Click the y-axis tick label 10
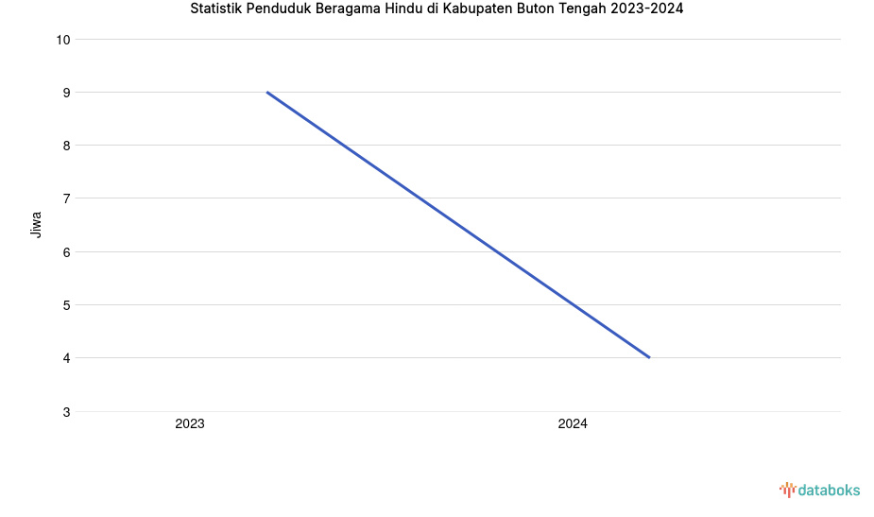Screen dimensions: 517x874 tap(63, 40)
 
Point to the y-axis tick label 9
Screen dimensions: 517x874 tap(67, 93)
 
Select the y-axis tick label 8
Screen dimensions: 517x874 tap(67, 146)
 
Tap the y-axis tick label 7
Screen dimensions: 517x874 tap(67, 198)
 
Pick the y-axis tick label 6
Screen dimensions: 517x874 tap(67, 252)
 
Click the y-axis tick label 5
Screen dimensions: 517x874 tap(67, 305)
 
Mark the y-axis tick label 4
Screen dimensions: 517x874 tap(67, 358)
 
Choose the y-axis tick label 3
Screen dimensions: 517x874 tap(67, 412)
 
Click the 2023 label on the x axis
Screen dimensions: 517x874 tap(190, 424)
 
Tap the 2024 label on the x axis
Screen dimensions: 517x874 tap(573, 424)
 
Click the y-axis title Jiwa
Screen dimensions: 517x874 tap(36, 224)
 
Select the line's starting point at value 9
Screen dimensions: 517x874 tap(267, 93)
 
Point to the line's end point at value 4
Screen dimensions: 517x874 tap(649, 357)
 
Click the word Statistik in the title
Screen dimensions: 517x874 tap(216, 9)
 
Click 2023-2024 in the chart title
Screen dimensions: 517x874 tap(647, 9)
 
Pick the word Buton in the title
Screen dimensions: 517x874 tap(541, 9)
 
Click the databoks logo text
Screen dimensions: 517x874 tap(829, 490)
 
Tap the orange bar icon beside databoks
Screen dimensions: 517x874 tap(787, 490)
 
